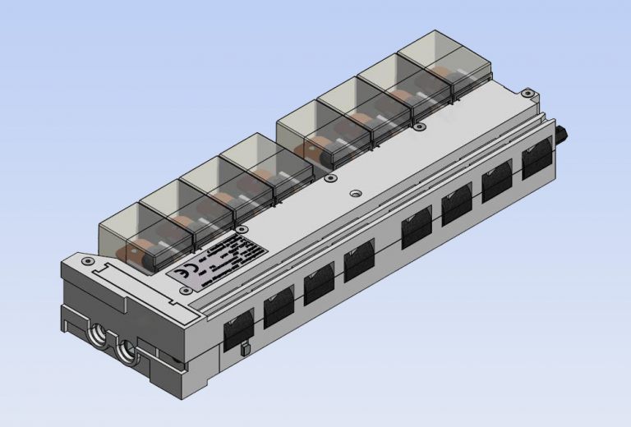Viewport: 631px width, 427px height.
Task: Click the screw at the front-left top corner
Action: point(87,260)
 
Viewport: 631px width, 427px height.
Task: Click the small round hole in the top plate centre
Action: point(355,195)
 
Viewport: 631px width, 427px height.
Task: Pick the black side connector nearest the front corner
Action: point(239,328)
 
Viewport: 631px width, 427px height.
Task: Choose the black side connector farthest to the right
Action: point(537,158)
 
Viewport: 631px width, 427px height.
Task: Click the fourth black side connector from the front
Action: point(359,261)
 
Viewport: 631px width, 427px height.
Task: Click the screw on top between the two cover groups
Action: point(329,177)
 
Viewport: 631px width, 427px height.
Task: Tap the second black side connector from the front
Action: point(279,307)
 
